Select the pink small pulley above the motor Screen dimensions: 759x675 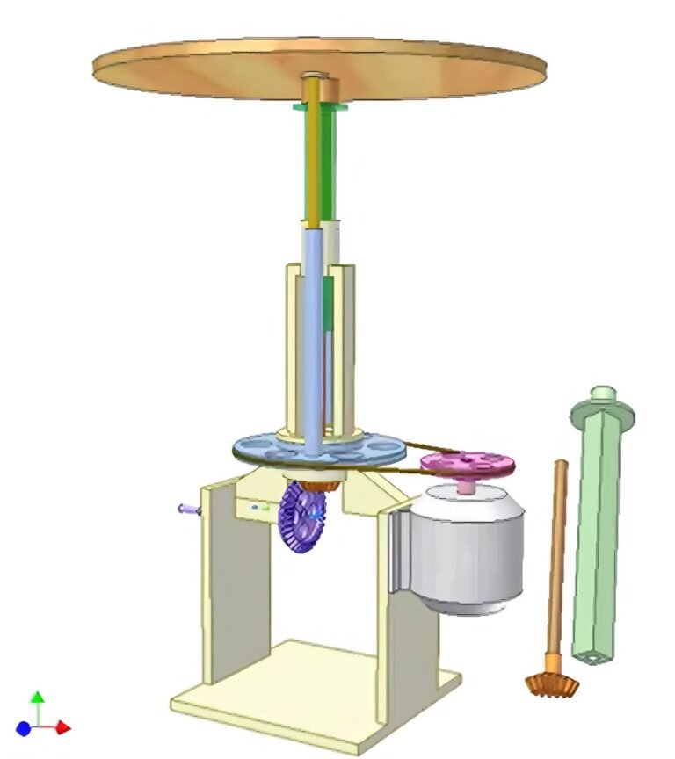point(467,462)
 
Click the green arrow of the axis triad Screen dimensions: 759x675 point(37,700)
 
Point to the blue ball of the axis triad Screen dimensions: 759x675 point(24,728)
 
